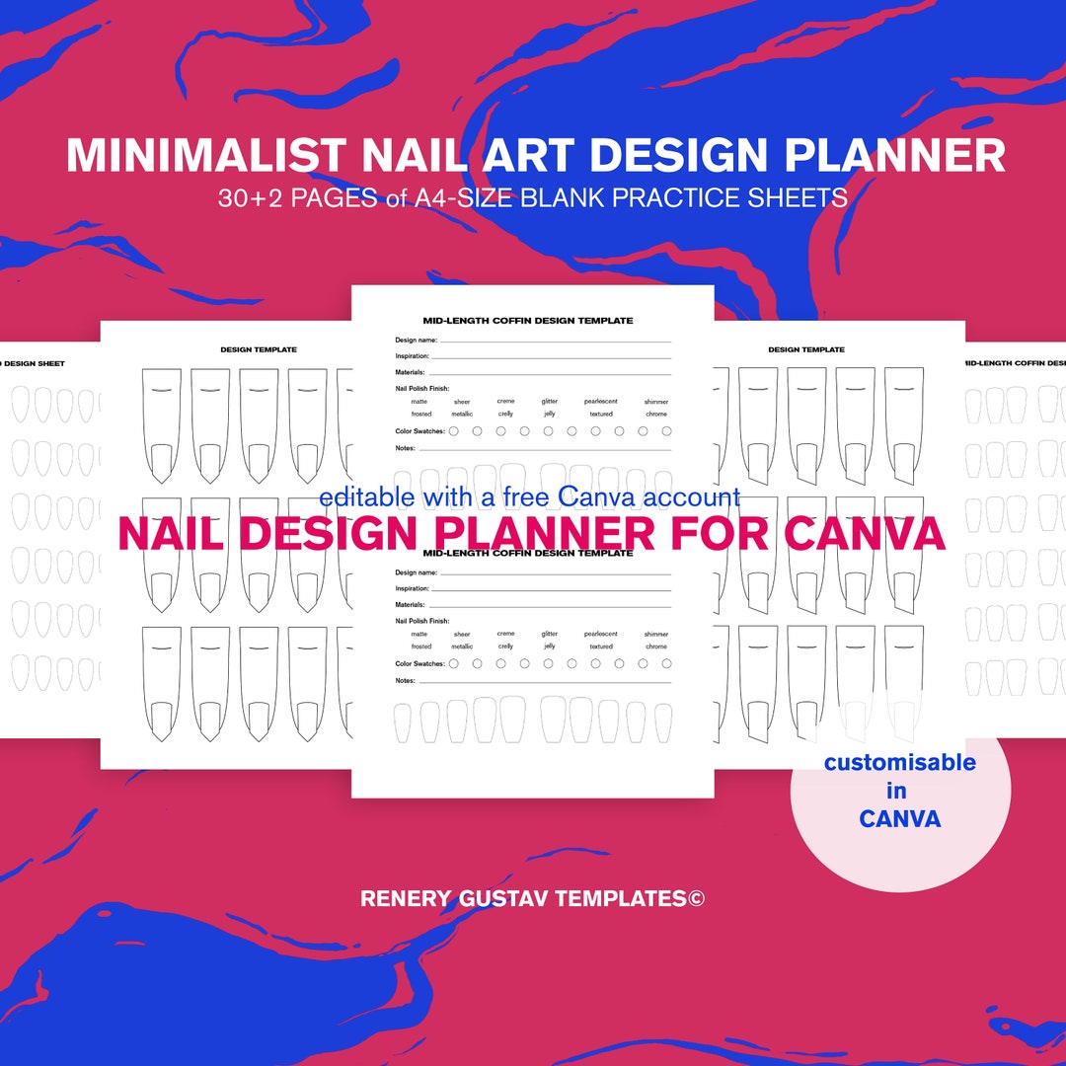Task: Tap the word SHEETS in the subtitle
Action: [798, 198]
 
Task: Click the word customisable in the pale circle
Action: [899, 762]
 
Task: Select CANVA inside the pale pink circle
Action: [899, 818]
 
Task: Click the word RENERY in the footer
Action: [406, 898]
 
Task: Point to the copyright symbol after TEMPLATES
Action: [696, 898]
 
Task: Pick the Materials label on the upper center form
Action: [410, 372]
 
